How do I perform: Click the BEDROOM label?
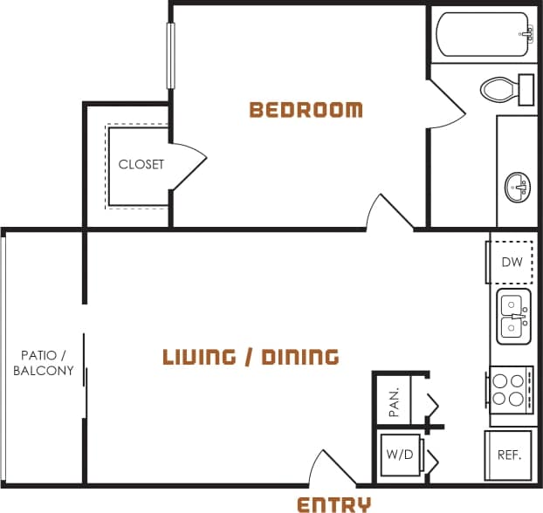coord(306,110)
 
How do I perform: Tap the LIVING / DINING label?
coord(251,357)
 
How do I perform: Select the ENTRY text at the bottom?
coord(333,503)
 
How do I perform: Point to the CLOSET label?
coord(141,164)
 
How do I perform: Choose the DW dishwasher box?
coord(511,262)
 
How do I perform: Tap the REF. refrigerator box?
coord(509,455)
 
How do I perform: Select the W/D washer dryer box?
coord(398,455)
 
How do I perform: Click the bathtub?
coord(484,34)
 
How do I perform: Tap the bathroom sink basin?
coord(518,186)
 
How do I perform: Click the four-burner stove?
coord(510,389)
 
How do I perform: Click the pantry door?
coord(430,405)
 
